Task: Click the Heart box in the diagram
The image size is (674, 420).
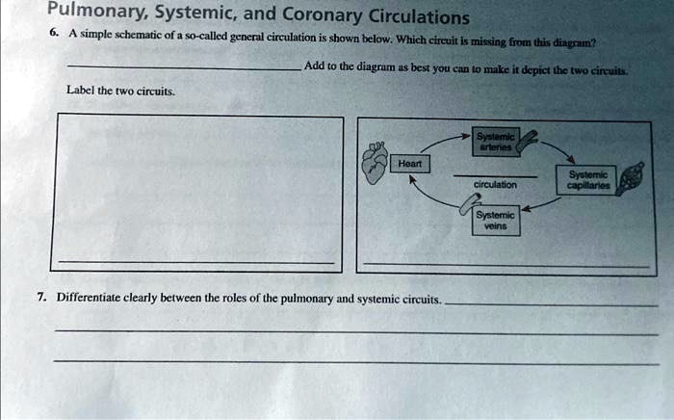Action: tap(409, 165)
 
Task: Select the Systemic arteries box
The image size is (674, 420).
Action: tap(497, 141)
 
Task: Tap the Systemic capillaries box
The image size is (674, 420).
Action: tap(587, 180)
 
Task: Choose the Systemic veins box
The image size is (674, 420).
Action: tap(495, 221)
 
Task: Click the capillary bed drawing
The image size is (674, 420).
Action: tap(631, 179)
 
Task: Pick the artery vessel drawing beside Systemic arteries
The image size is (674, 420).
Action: tap(531, 141)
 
